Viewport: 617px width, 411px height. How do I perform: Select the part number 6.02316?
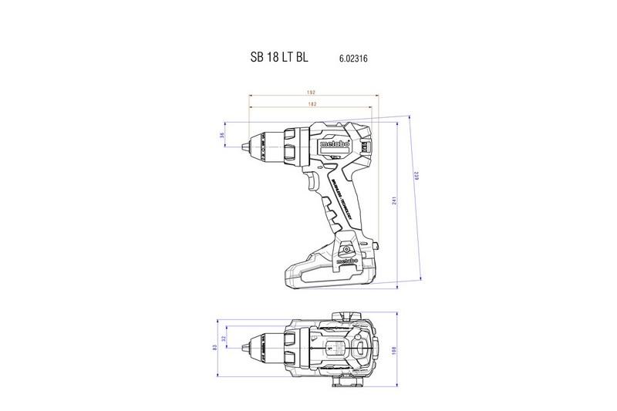click(x=352, y=59)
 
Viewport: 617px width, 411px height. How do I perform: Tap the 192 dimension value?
click(x=313, y=93)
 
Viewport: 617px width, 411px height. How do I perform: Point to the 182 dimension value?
click(x=313, y=103)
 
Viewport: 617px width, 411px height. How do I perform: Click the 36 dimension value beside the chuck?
click(x=222, y=136)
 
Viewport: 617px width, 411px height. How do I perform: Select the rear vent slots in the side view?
click(x=371, y=144)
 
